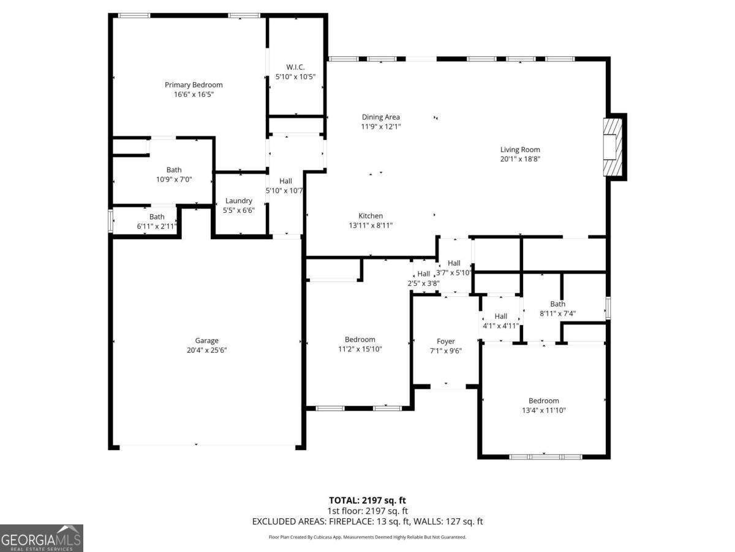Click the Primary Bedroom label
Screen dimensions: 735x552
194,85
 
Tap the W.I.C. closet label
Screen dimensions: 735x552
295,67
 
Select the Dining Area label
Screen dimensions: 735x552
381,117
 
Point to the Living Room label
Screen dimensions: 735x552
520,150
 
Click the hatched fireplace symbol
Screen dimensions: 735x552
612,147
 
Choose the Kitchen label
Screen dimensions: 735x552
371,216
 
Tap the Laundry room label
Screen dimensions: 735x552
238,201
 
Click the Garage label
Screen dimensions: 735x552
206,340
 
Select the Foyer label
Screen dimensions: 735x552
446,341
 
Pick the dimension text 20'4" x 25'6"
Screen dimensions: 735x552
206,350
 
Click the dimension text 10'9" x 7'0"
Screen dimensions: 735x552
174,179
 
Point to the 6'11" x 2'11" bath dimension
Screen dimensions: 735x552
157,226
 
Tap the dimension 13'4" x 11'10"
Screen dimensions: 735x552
543,410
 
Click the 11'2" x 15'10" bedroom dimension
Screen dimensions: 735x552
360,349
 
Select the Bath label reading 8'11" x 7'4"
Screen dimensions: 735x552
557,304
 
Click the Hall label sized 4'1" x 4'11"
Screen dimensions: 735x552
500,316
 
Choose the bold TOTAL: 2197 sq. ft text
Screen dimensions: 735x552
367,500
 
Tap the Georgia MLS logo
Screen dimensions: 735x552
41,538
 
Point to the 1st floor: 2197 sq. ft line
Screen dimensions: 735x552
367,511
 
